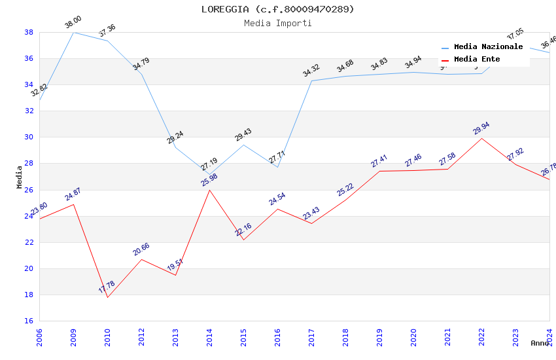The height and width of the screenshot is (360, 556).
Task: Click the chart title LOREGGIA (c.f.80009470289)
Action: coord(277,9)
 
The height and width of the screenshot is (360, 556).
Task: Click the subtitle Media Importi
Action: coord(277,23)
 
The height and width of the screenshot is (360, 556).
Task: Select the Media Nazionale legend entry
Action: coord(488,47)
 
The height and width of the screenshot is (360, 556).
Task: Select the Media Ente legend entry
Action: coord(477,60)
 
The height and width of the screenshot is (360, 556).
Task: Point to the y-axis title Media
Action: coord(20,177)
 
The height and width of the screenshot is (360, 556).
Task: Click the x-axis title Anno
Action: coord(540,343)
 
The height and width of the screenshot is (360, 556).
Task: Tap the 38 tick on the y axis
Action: coord(29,32)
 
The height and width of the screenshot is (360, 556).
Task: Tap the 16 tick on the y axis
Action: coord(29,321)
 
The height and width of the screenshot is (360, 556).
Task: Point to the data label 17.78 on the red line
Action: coord(107,287)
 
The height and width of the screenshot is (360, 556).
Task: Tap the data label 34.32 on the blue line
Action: coord(311,71)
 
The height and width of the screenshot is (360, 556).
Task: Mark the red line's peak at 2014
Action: coord(209,190)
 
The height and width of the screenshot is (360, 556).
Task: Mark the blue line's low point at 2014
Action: coord(209,174)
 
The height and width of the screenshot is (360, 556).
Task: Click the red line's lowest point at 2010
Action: coord(107,297)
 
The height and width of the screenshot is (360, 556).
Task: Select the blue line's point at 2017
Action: coord(311,81)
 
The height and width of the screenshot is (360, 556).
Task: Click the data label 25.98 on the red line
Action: coord(209,180)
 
